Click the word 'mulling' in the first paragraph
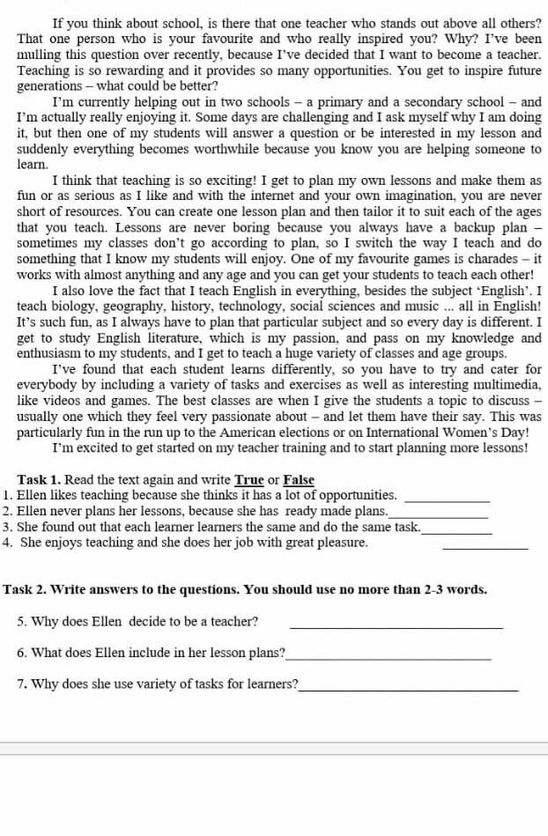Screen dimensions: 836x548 tap(40, 54)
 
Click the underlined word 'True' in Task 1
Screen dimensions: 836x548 tap(248, 480)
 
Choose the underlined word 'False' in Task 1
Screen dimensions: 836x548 tap(299, 480)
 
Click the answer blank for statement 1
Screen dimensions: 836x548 tap(450, 499)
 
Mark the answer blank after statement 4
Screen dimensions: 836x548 tap(485, 547)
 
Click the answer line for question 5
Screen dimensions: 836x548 tap(396, 626)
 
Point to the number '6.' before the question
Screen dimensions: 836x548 tap(23, 653)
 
